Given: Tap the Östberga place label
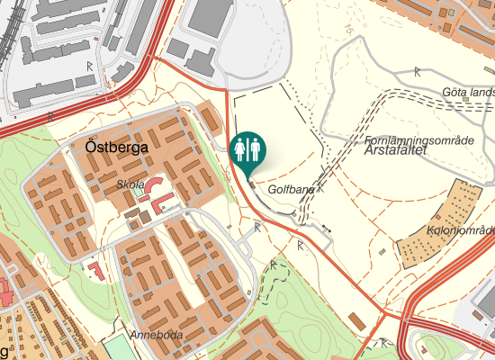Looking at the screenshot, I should click(116, 148).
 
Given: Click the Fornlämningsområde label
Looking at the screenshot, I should click(419, 140).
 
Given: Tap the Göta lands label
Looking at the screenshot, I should click(468, 92).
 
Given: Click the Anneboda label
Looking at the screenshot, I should click(156, 336).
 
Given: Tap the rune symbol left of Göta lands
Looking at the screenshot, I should click(417, 70).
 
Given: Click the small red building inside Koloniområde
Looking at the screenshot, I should click(436, 216).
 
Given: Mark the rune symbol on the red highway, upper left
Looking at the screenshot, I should click(89, 66).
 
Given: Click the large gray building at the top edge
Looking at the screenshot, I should click(210, 13).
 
